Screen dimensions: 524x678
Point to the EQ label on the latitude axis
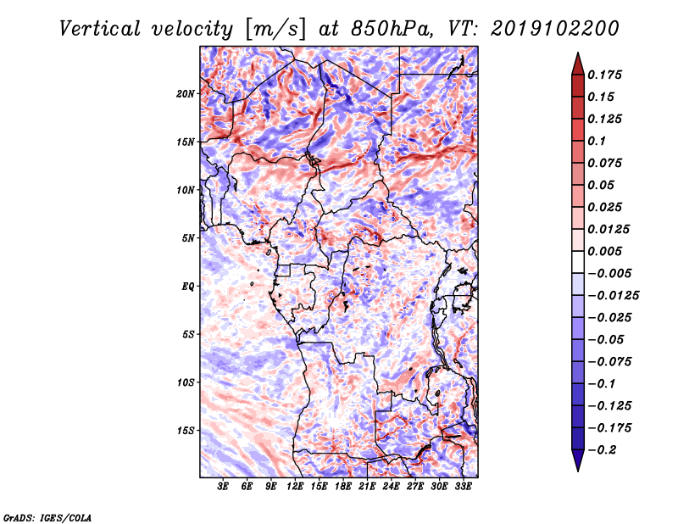[x=188, y=286]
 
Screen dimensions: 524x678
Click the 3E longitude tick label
[x=224, y=488]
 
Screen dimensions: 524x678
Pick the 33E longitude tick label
[x=463, y=488]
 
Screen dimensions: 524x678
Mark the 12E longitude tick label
[x=296, y=488]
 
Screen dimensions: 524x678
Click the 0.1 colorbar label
[x=598, y=141]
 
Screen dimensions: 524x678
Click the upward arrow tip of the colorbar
[x=576, y=54]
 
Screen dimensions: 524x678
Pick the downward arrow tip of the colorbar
[x=576, y=469]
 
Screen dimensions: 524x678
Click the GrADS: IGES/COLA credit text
[x=47, y=516]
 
